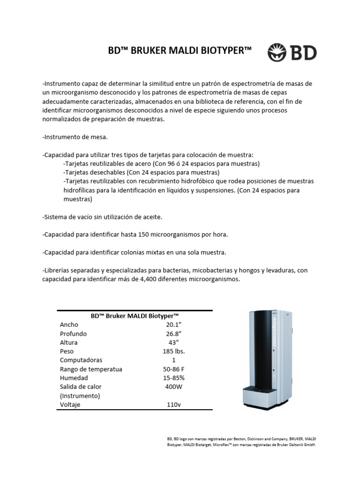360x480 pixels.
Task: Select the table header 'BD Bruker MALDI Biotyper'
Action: point(135,316)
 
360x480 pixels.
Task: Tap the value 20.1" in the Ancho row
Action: point(173,325)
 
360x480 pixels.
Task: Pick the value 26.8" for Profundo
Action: point(173,334)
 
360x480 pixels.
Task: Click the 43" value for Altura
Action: point(173,343)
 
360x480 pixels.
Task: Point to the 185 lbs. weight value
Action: point(173,352)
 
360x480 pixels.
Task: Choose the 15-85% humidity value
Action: point(173,378)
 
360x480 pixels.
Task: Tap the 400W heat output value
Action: point(173,387)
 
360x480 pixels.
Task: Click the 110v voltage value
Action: point(173,405)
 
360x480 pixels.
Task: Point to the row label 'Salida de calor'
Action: point(81,387)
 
